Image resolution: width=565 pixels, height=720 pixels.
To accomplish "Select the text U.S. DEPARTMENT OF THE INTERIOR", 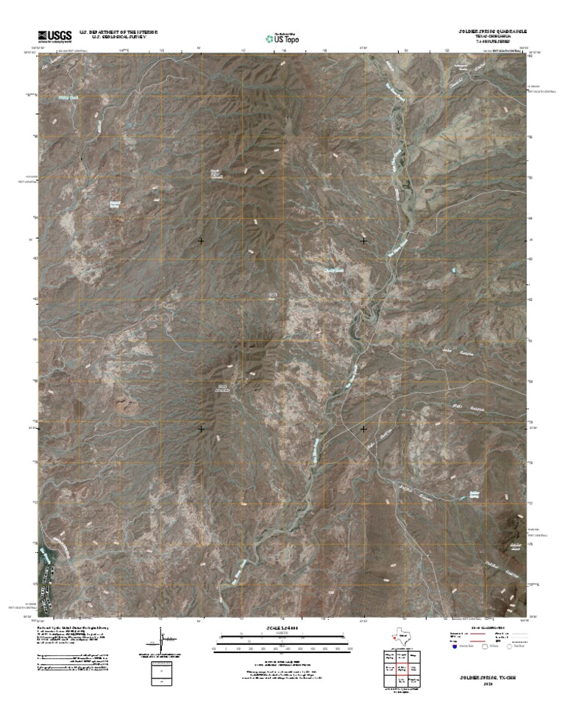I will (x=118, y=32).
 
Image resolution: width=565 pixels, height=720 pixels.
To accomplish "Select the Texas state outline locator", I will (x=401, y=636).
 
